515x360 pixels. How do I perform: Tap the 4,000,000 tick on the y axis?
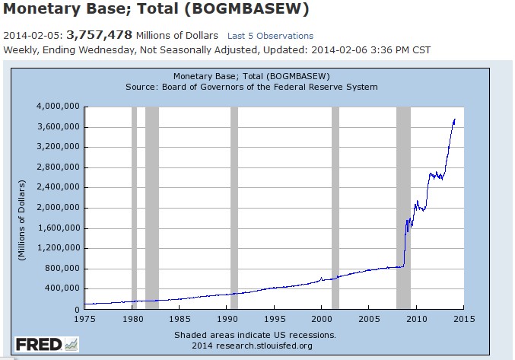pos(58,107)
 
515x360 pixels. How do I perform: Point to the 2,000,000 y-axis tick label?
pos(58,208)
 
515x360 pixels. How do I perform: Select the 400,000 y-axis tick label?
pos(62,289)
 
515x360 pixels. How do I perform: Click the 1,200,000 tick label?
pos(58,248)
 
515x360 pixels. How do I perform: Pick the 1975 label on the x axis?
pos(86,318)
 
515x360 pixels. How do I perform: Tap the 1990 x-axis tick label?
pos(227,318)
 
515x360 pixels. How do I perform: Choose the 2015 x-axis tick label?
pos(463,318)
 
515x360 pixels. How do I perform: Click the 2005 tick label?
pos(368,318)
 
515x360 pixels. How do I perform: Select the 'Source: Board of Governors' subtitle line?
pos(252,87)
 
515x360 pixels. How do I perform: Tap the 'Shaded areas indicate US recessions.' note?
pos(255,334)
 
